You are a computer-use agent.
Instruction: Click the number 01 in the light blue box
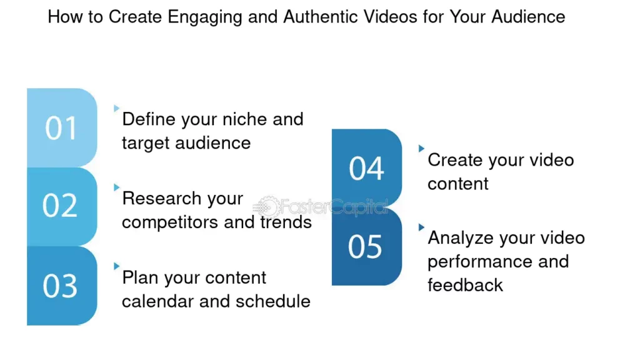(61, 128)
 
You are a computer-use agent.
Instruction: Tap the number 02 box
(61, 206)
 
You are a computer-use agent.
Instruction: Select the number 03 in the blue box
(61, 286)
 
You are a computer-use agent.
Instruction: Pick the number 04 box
(366, 169)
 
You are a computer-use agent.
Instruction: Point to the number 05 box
(366, 246)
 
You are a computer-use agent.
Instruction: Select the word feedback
(465, 285)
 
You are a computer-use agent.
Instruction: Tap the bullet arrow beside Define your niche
(116, 109)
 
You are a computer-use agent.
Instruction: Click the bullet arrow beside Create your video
(421, 149)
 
